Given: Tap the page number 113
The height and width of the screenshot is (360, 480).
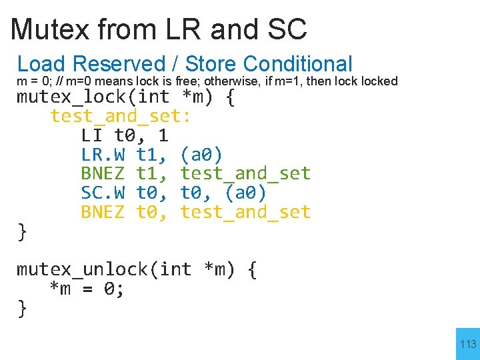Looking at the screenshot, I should pos(468,344).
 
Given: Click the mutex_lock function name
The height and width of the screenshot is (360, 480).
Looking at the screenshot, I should pos(75,97).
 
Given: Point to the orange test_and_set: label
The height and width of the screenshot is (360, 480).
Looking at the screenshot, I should pos(120,117).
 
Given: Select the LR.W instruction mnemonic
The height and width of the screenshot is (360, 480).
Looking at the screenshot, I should pos(103,155).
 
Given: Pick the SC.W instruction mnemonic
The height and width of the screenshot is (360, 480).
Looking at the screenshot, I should pos(103,193).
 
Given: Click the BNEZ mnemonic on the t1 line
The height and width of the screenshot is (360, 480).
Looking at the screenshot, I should pos(103,174).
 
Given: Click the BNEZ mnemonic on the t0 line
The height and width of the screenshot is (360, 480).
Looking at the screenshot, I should pos(103,213).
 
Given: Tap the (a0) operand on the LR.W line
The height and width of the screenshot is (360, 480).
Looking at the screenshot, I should pos(201,155).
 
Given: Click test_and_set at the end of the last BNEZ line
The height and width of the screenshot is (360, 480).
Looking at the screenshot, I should pos(245,213).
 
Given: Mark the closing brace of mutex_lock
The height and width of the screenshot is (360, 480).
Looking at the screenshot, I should pos(22,232).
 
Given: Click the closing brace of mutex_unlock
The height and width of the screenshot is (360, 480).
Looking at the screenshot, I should pos(22,309).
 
